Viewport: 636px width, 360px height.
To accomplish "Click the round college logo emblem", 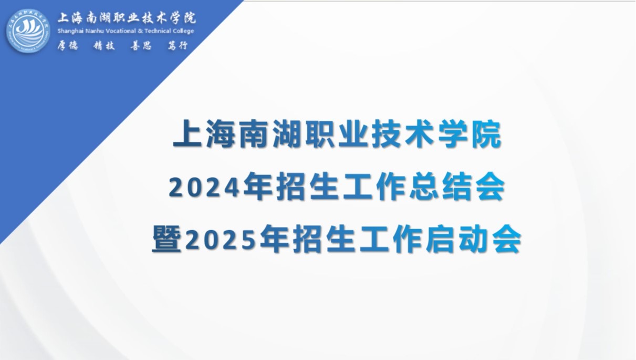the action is tap(28, 31).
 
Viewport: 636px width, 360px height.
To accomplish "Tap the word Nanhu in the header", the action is tap(94, 31).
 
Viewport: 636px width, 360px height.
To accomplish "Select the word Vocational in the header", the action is tap(121, 31).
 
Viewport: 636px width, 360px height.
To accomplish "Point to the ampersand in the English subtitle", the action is tap(141, 31).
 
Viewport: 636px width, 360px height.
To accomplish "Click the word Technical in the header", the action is tap(158, 31).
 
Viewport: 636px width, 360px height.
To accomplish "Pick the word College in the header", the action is tap(183, 31).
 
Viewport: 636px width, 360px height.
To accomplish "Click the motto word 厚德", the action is tap(68, 46).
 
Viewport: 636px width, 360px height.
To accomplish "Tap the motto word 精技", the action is tap(104, 46).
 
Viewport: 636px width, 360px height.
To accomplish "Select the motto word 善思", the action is tap(141, 46).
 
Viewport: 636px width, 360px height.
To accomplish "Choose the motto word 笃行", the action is tap(178, 46).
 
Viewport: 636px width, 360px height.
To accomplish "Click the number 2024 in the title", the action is tap(204, 188).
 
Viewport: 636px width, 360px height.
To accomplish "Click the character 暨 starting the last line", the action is tap(166, 239).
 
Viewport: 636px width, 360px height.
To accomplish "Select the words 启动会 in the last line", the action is tap(473, 239).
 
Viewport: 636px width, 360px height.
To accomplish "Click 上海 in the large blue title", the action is tap(204, 133).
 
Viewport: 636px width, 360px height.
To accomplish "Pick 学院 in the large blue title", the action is tap(470, 133).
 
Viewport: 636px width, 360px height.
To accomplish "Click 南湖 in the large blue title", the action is tap(270, 133).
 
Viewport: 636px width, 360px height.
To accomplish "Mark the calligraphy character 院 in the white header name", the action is tap(190, 18).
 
